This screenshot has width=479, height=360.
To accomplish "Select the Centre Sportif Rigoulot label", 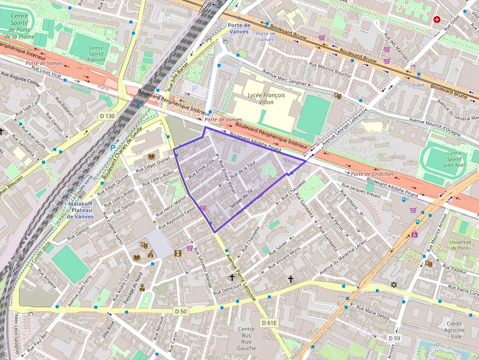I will (96, 54).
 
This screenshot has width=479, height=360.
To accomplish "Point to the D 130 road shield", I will (107, 116).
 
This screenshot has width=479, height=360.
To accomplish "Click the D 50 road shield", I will (180, 311).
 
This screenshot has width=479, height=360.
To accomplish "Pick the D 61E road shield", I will (269, 322).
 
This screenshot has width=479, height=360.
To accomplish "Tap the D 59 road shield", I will (394, 338).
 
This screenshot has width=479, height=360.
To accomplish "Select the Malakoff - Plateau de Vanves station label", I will (80, 210).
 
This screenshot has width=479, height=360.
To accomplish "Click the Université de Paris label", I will (460, 245).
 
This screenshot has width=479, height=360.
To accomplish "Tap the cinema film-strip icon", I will (178, 253).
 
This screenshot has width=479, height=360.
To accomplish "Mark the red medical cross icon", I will (436, 20).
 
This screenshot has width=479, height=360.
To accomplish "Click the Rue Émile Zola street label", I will (205, 169).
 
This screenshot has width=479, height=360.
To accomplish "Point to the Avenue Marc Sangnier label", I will (284, 77).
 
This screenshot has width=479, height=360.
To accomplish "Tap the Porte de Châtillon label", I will (372, 174).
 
